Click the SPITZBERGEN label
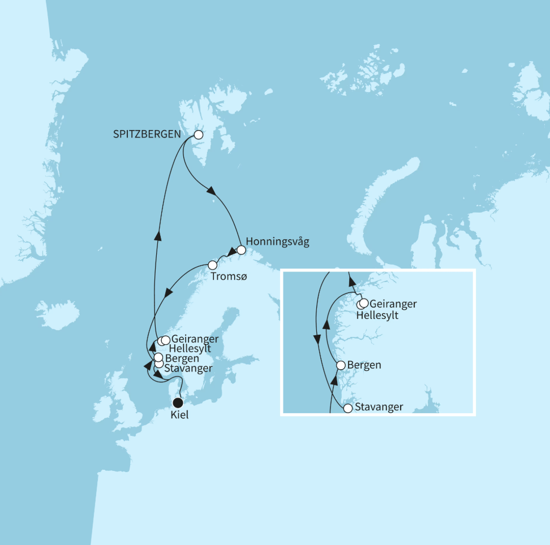point(147,135)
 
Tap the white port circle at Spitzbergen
point(198,135)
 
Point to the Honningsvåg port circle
point(241,250)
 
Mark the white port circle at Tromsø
point(213,265)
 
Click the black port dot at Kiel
point(178,403)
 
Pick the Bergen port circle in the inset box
point(341,365)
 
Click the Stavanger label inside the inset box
point(380,408)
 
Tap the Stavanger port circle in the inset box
point(348,408)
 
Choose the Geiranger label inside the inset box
point(393,304)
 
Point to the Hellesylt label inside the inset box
point(377,315)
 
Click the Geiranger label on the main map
point(194,339)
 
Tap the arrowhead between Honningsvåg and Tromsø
point(231,252)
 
